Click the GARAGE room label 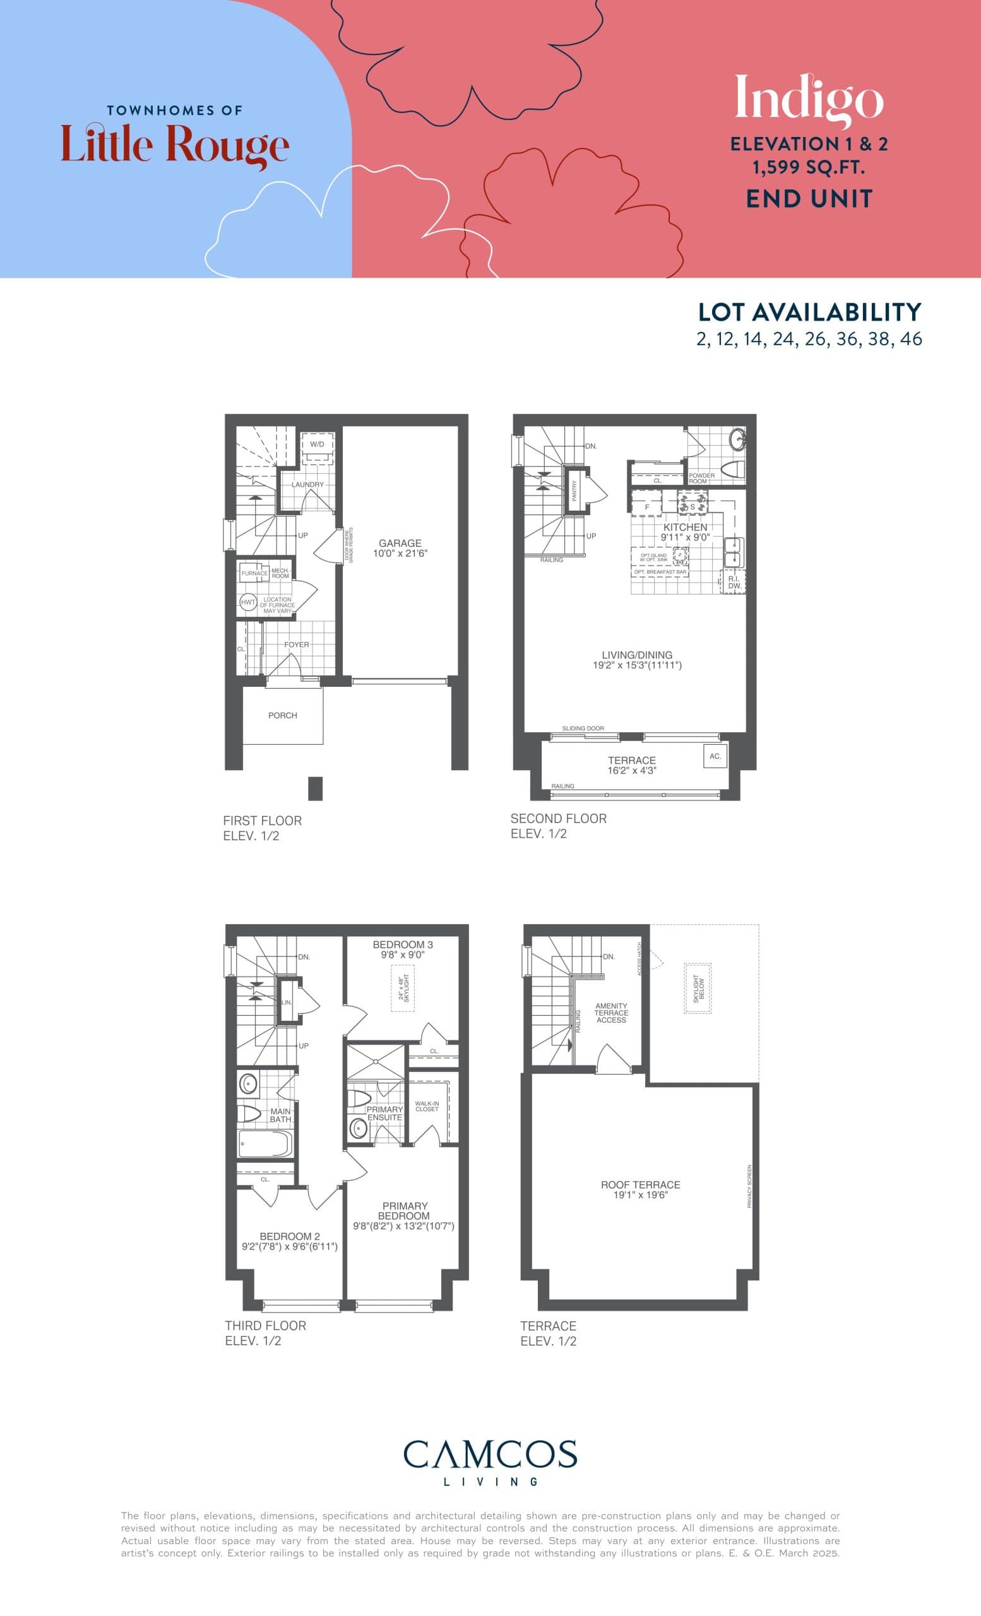(x=400, y=543)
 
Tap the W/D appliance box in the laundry (x=318, y=444)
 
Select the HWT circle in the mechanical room (x=248, y=602)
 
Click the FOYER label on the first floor (x=297, y=645)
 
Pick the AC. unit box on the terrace (x=715, y=756)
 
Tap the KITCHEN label (x=686, y=527)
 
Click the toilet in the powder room (x=733, y=469)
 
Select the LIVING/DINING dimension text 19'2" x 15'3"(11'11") (x=637, y=665)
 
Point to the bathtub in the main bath (x=265, y=1144)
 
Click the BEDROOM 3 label (x=403, y=944)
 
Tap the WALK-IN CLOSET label (x=427, y=1107)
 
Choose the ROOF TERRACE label (x=641, y=1184)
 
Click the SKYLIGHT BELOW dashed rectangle (x=698, y=989)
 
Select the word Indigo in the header (x=809, y=98)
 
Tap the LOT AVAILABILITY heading (x=809, y=312)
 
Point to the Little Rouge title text (x=174, y=145)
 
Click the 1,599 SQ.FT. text (x=809, y=168)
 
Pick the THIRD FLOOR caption (x=266, y=1326)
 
